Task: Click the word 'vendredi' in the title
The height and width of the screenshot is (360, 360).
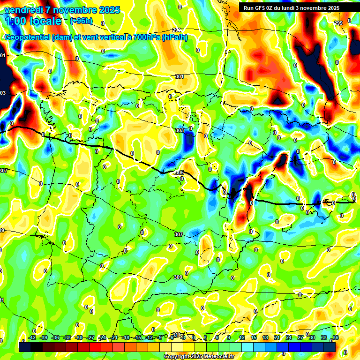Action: [23, 10]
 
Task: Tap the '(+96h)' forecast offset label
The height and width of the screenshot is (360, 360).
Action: [81, 21]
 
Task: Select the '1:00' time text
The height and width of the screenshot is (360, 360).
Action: [15, 21]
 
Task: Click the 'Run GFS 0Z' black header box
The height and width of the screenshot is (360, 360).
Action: [298, 7]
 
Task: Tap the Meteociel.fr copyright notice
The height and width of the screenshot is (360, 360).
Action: [199, 356]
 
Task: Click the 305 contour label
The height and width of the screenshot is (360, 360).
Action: [179, 173]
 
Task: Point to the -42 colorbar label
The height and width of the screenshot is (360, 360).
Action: [32, 337]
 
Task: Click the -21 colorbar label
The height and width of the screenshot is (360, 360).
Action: [114, 337]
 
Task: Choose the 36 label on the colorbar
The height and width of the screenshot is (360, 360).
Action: [336, 337]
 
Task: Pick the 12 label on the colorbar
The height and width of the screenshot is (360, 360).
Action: [241, 337]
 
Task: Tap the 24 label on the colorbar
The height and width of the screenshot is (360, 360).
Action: [289, 337]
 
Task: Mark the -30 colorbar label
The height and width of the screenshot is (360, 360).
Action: [79, 337]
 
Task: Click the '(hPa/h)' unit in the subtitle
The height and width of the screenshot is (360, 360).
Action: [174, 37]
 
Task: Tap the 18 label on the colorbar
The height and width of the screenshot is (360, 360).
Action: [265, 337]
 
